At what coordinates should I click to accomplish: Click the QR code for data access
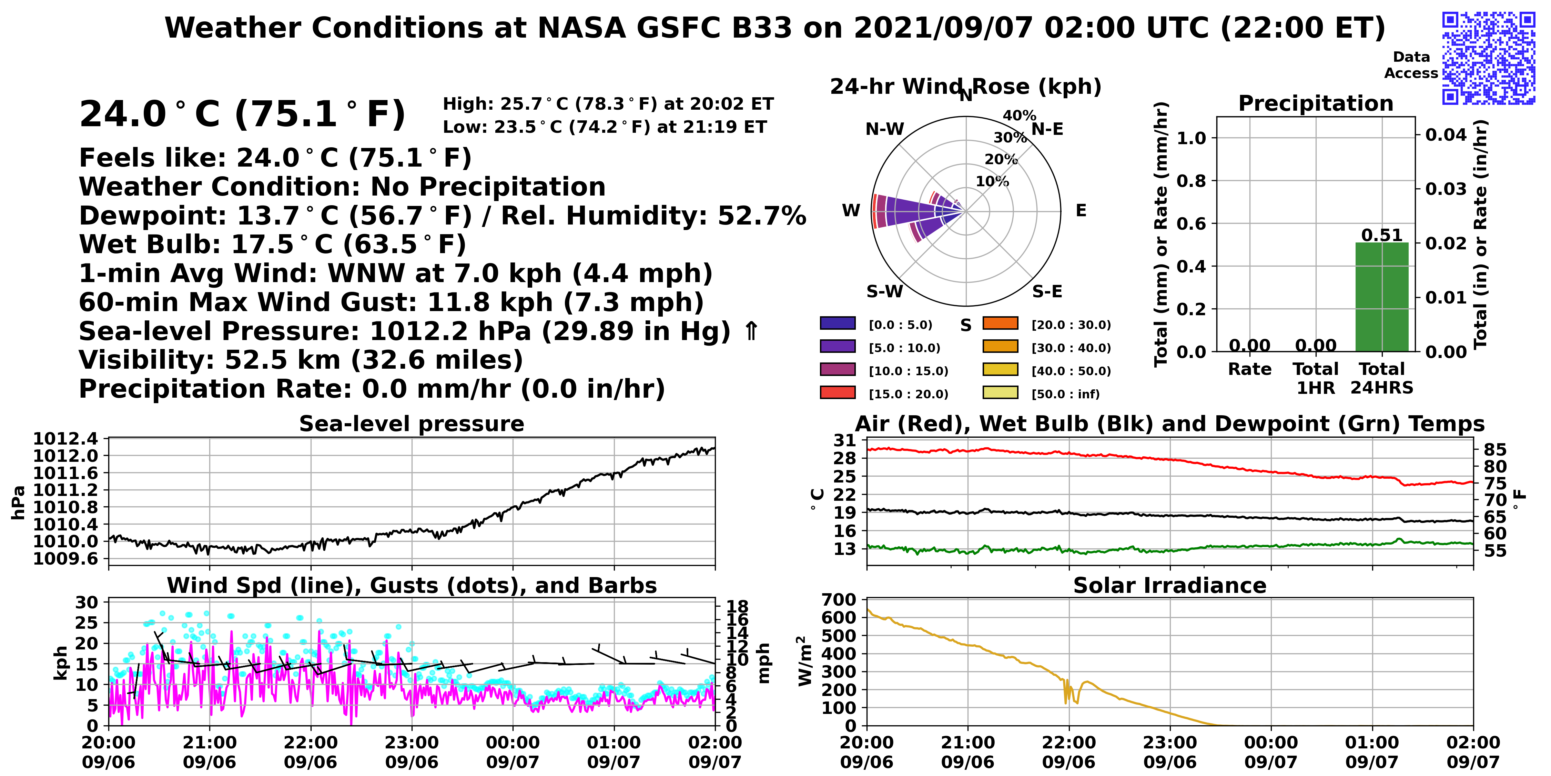point(1488,58)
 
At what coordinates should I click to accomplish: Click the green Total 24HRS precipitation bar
point(1382,297)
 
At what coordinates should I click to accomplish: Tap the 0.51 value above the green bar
point(1382,235)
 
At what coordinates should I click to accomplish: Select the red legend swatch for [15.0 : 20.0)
point(838,392)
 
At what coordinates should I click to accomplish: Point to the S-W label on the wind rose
point(884,291)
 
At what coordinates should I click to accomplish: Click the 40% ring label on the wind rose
point(1019,115)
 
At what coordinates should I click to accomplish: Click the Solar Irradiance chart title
point(1170,585)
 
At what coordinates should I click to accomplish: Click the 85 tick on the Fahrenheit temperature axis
point(1495,449)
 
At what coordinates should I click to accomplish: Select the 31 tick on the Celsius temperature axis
point(845,440)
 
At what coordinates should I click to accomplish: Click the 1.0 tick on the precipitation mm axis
point(1192,138)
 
